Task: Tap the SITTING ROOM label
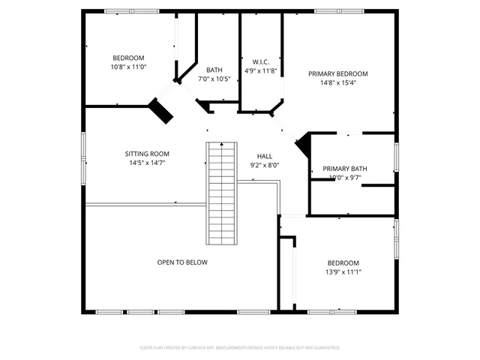click(x=147, y=154)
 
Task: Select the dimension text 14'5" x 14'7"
click(x=147, y=163)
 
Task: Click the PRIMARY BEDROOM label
click(x=338, y=73)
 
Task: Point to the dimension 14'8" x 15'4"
click(x=338, y=82)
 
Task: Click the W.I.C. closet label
click(x=260, y=61)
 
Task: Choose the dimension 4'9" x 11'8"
click(x=260, y=70)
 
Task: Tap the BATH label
click(x=214, y=70)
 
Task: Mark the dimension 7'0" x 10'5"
click(x=214, y=79)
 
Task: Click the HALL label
click(x=264, y=156)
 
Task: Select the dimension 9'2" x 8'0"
click(x=264, y=165)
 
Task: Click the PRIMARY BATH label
click(x=345, y=169)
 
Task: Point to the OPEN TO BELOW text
click(x=182, y=262)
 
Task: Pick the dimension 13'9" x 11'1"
click(x=343, y=271)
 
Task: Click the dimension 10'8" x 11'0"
click(x=128, y=67)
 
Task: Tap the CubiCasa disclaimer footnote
click(x=240, y=348)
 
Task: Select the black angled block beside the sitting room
click(x=160, y=110)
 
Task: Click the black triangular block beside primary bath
click(x=304, y=144)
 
